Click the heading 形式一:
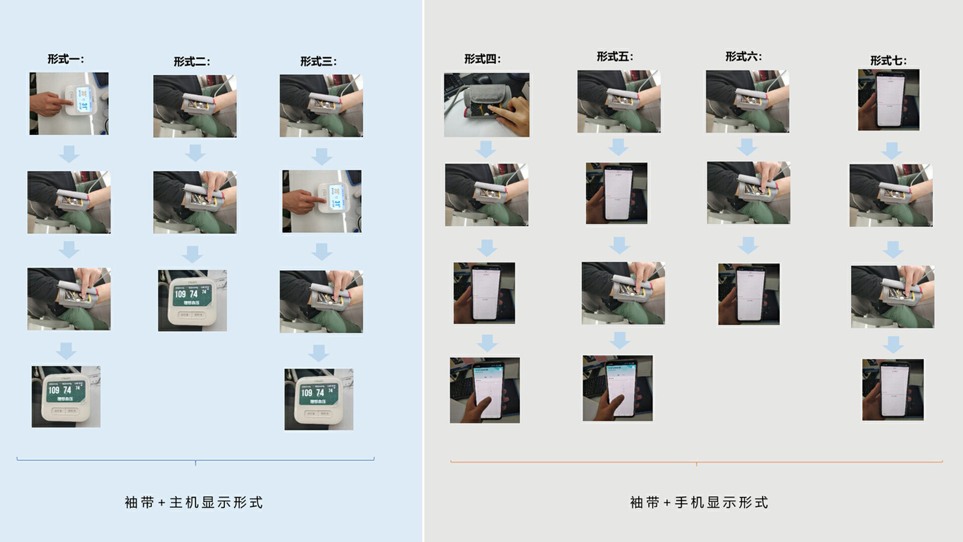click(66, 59)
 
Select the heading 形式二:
click(192, 62)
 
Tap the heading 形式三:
click(318, 62)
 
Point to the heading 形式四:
click(482, 59)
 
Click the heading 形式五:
click(614, 57)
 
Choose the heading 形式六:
click(743, 57)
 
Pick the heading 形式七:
click(888, 61)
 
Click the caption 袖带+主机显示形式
click(194, 502)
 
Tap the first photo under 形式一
click(69, 103)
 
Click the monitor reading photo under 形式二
click(192, 301)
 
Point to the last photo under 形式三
click(318, 399)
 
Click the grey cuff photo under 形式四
click(487, 105)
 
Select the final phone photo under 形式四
click(485, 390)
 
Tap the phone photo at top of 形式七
click(888, 100)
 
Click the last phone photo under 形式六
click(748, 294)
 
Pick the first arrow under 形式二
click(195, 153)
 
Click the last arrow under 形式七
click(893, 344)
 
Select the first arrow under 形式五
click(618, 147)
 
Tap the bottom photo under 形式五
click(617, 388)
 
